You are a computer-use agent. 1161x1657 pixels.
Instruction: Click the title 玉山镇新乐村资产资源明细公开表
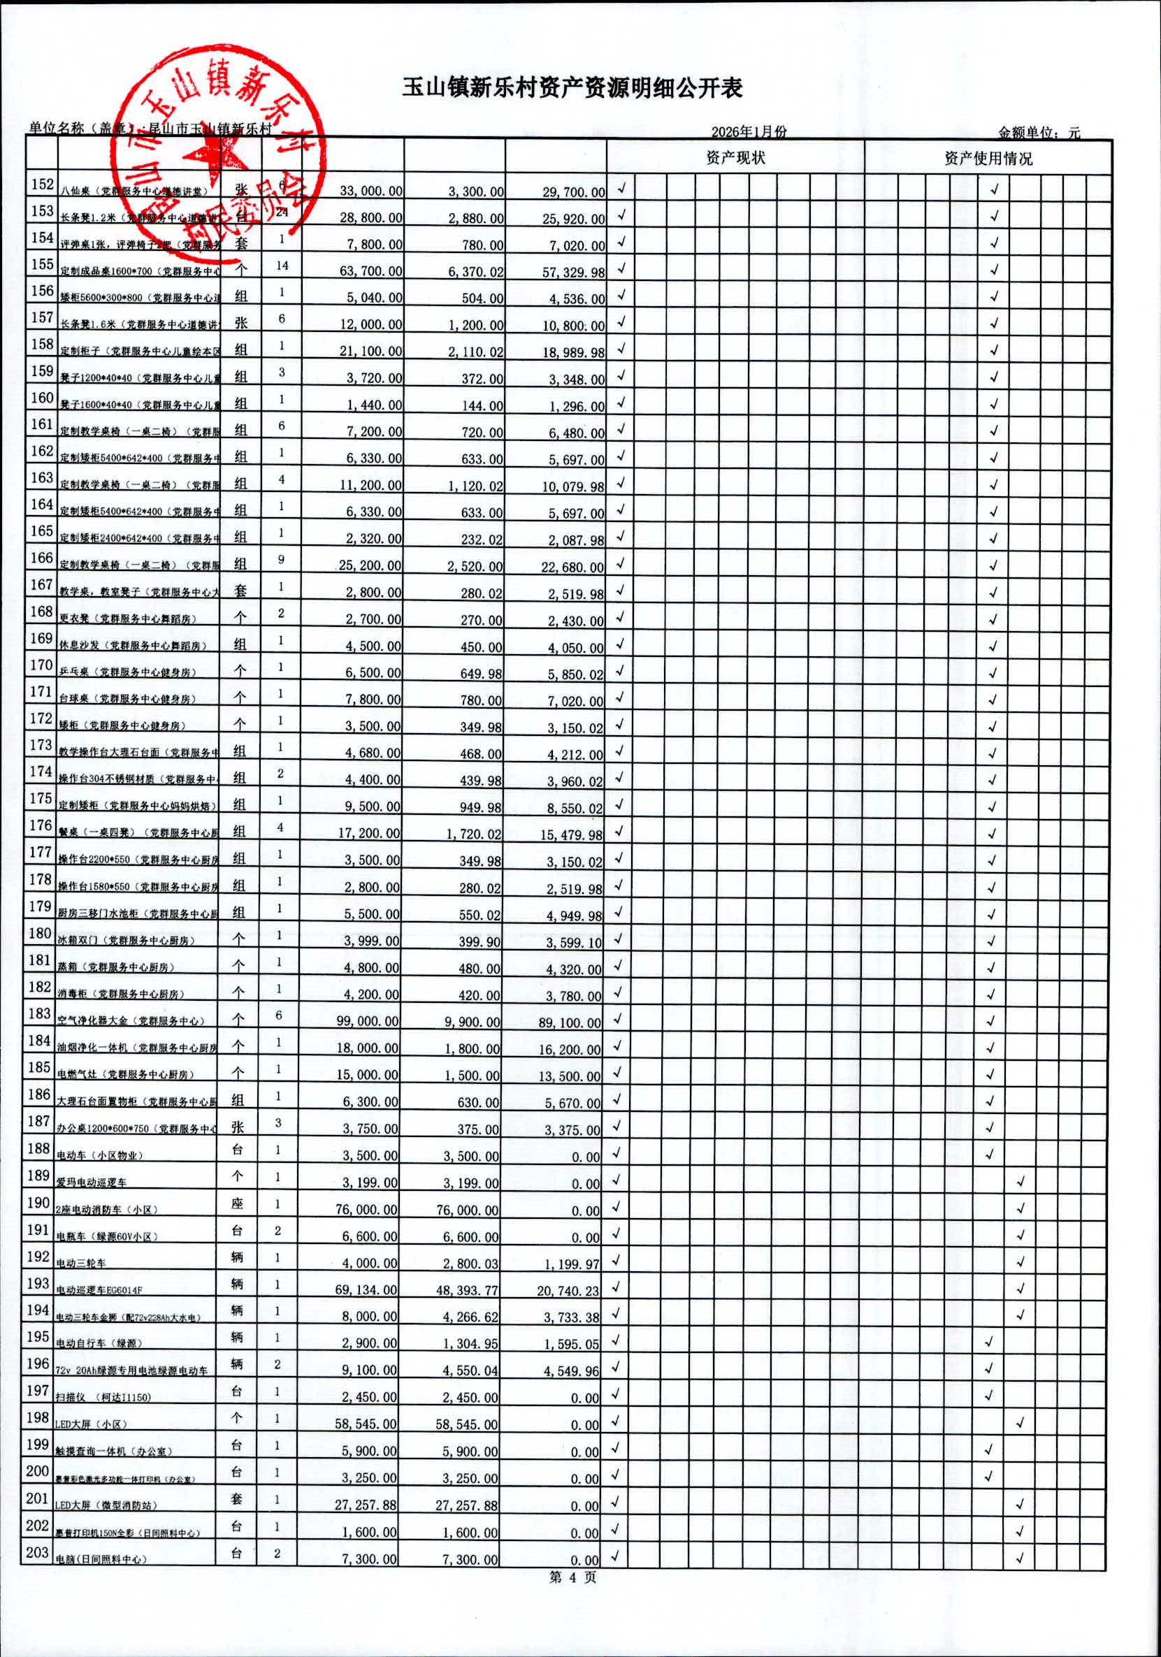[x=572, y=89]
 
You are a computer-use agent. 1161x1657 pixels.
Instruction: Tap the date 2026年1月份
[x=749, y=131]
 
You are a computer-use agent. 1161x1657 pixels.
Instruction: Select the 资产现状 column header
[x=735, y=157]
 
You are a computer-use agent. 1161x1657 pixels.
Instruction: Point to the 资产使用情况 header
[x=988, y=158]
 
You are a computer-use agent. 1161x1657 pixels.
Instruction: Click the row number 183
[x=39, y=1014]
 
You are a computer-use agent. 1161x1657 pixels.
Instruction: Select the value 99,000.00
[x=368, y=1022]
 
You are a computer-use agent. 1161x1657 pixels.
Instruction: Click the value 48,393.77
[x=467, y=1289]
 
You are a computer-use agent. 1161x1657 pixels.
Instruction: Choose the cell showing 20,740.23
[x=568, y=1290]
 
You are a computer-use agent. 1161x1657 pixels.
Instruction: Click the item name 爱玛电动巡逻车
[x=91, y=1183]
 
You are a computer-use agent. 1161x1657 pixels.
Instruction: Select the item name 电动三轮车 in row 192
[x=81, y=1263]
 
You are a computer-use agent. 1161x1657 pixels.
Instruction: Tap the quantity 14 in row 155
[x=282, y=266]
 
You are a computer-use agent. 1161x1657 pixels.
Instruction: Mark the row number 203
[x=38, y=1552]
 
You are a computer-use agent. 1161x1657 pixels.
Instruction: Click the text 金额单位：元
[x=1039, y=133]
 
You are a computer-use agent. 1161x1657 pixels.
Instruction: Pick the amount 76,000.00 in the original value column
[x=366, y=1210]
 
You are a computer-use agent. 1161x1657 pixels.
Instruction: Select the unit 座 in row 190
[x=237, y=1203]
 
